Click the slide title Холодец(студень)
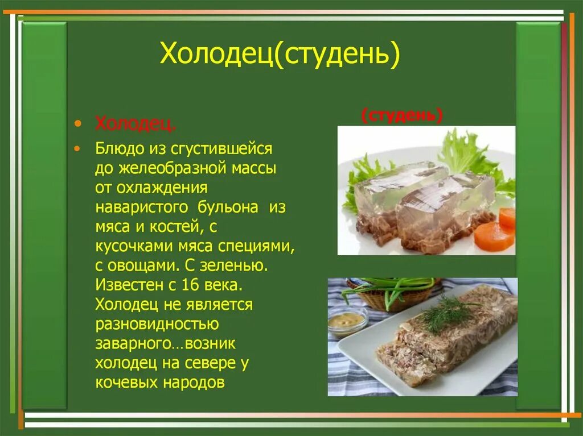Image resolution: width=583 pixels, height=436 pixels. pyautogui.click(x=280, y=55)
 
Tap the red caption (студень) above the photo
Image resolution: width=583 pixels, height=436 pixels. pyautogui.click(x=402, y=116)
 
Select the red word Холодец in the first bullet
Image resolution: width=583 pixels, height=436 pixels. pyautogui.click(x=135, y=124)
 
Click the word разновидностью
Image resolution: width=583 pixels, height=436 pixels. pyautogui.click(x=157, y=323)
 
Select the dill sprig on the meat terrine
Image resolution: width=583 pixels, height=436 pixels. pyautogui.click(x=447, y=312)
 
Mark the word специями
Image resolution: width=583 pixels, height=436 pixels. pyautogui.click(x=261, y=246)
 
